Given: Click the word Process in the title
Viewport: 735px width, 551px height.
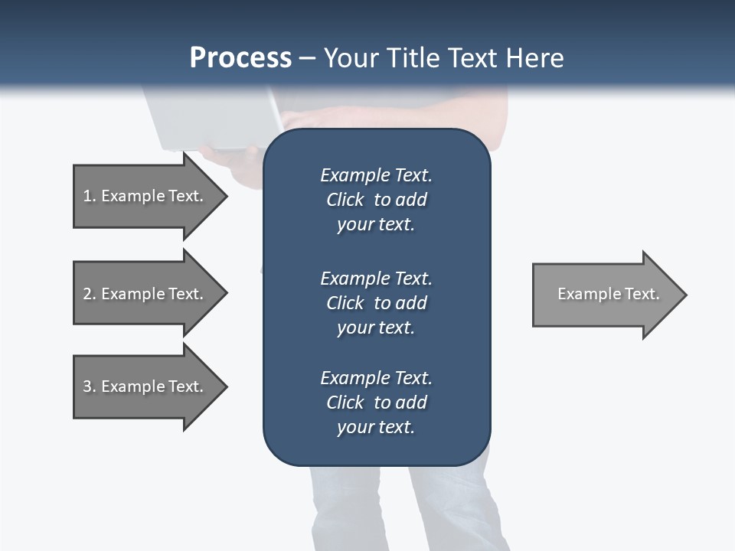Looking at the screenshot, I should (x=240, y=57).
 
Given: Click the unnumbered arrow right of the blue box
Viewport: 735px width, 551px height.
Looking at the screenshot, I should (x=605, y=294).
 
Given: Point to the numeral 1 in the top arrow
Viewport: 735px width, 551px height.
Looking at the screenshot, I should (x=87, y=196).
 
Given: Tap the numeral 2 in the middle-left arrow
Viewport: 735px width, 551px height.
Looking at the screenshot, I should (x=87, y=294).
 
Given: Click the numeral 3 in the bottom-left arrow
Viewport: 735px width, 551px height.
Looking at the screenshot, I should (x=87, y=386).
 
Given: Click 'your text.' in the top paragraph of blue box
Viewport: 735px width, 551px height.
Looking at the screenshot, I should (x=376, y=225).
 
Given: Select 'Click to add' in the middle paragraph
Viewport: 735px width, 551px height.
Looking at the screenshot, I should (x=376, y=303).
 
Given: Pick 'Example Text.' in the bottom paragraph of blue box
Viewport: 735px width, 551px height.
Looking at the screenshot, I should (x=376, y=378).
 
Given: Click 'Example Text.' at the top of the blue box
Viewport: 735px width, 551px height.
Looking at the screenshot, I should (x=376, y=175).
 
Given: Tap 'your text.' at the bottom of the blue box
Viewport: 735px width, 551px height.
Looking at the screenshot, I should (x=376, y=428).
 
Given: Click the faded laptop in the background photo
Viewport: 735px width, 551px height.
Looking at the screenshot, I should (x=207, y=119).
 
